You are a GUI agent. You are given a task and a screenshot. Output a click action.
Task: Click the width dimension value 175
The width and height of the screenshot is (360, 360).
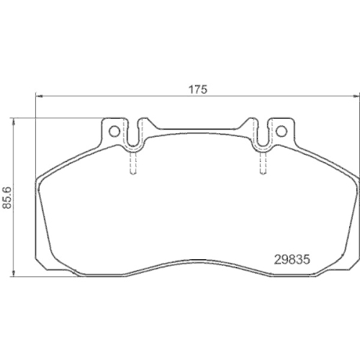pyautogui.click(x=198, y=89)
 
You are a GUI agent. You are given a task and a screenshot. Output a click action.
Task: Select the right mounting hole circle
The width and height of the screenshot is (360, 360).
pyautogui.click(x=281, y=130)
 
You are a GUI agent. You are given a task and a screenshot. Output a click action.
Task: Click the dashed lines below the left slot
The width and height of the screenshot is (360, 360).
pyautogui.click(x=133, y=164)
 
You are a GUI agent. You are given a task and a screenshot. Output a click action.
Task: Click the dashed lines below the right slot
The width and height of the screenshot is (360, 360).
pyautogui.click(x=262, y=164)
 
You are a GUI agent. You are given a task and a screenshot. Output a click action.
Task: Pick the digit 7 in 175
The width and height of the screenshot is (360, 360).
pyautogui.click(x=198, y=89)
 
